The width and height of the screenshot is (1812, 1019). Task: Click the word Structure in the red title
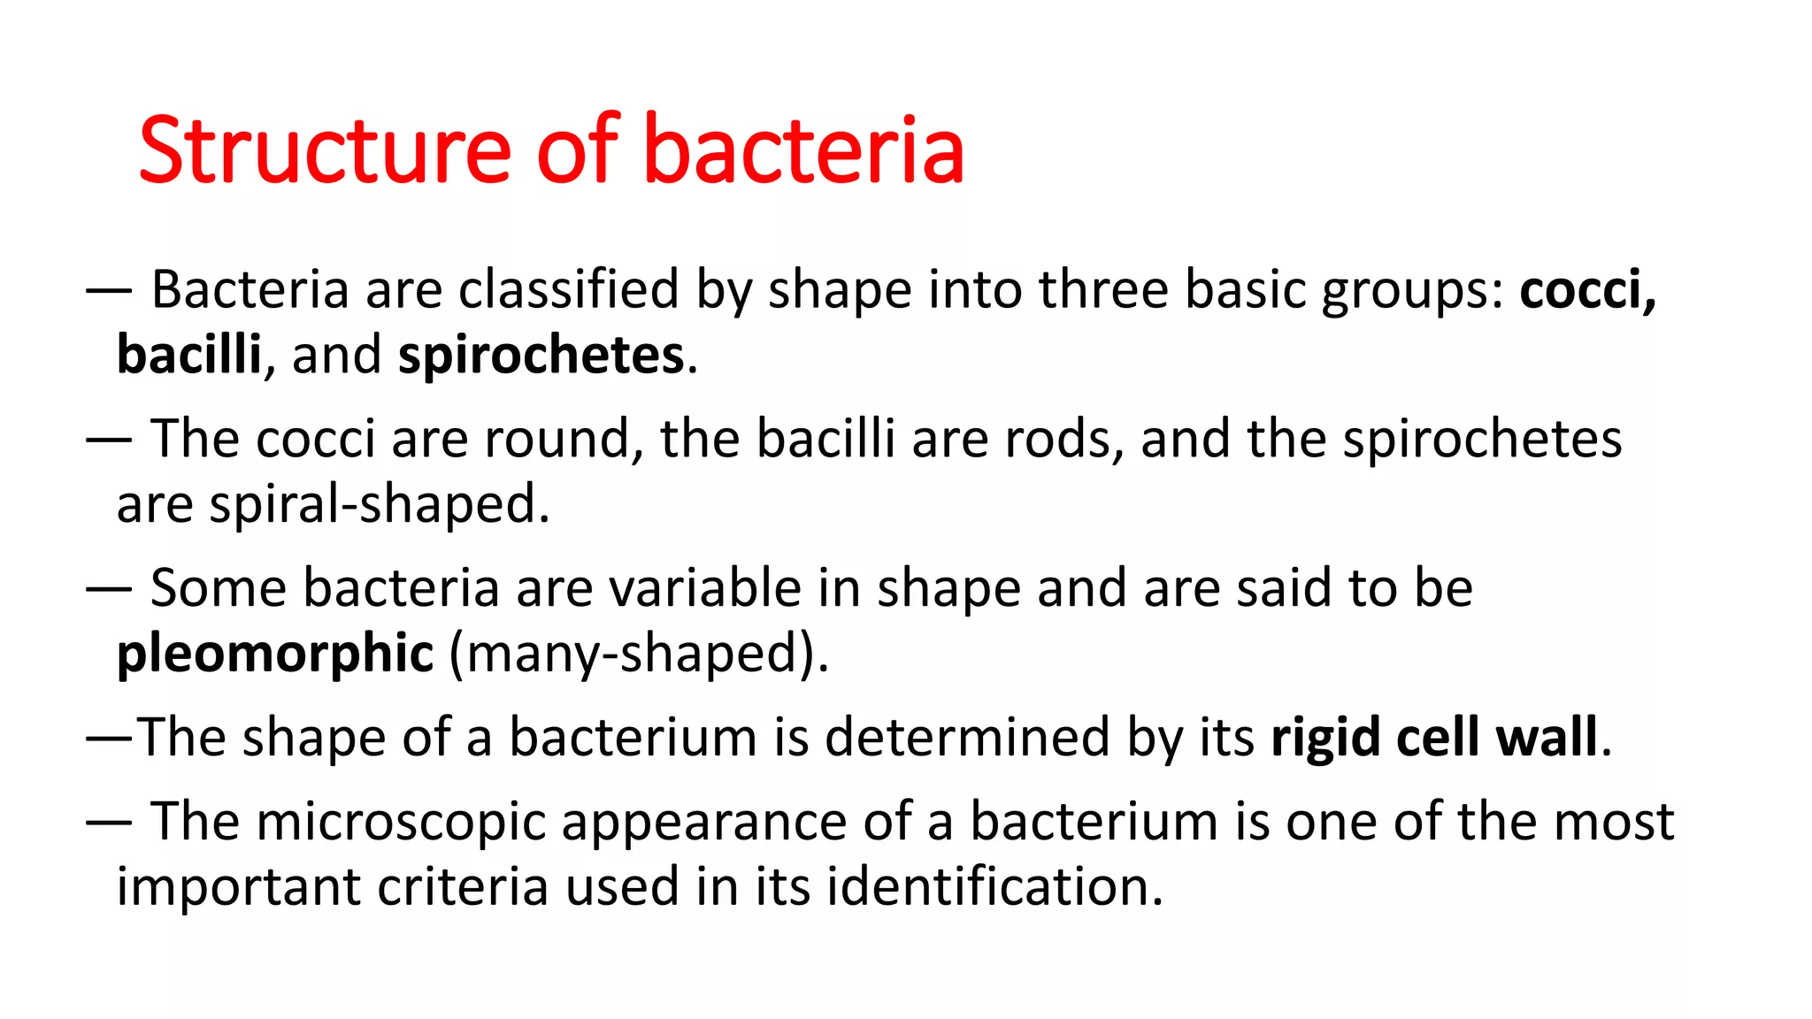tap(324, 150)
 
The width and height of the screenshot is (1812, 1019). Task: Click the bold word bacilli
tap(188, 355)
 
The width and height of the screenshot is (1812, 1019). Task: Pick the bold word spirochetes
tap(541, 355)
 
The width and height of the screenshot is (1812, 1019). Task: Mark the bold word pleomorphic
tap(275, 653)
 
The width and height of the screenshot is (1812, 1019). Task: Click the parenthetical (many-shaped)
tap(638, 653)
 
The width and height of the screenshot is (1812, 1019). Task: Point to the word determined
tap(967, 737)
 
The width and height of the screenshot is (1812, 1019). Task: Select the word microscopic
tap(401, 821)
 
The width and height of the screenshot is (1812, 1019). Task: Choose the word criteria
tap(463, 886)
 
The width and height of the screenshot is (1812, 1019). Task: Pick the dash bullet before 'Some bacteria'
tap(109, 587)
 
